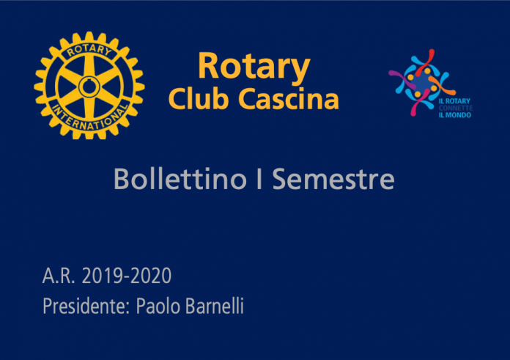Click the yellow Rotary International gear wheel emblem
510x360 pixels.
(89, 86)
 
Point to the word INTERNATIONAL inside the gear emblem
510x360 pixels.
(90, 118)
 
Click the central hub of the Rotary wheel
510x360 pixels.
(89, 87)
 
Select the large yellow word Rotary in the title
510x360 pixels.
(254, 67)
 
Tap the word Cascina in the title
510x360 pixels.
(289, 99)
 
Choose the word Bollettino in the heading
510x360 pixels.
(180, 179)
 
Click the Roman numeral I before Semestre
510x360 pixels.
(259, 179)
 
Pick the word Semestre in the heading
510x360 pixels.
(333, 179)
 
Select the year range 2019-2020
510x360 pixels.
(127, 276)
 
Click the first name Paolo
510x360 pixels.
(158, 306)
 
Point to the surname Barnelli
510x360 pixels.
(215, 306)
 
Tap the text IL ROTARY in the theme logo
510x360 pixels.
(454, 101)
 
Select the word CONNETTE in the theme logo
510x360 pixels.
(456, 108)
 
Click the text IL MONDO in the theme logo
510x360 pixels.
(455, 115)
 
